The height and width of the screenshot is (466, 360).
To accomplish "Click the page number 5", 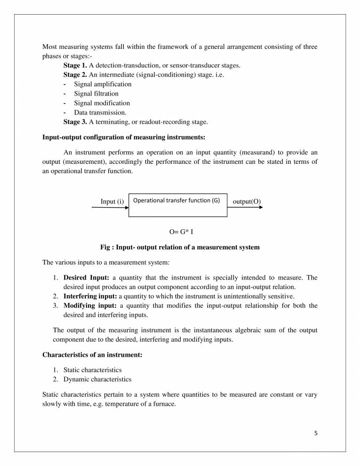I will [x=316, y=433].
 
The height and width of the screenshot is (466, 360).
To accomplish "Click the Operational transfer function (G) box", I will [x=177, y=205].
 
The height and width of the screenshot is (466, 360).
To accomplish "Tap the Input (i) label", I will [x=112, y=202].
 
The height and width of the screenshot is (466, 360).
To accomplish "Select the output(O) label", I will [x=247, y=202].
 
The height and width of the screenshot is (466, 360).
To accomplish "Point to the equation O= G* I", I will [x=181, y=232].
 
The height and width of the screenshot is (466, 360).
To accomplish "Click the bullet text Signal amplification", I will [x=103, y=84].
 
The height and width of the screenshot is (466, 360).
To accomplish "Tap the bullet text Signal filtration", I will [x=96, y=94].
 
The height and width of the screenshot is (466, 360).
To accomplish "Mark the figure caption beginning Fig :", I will [x=180, y=247].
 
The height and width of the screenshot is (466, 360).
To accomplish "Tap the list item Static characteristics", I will [x=92, y=370].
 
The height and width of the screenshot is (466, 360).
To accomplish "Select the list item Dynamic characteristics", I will [x=97, y=379].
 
